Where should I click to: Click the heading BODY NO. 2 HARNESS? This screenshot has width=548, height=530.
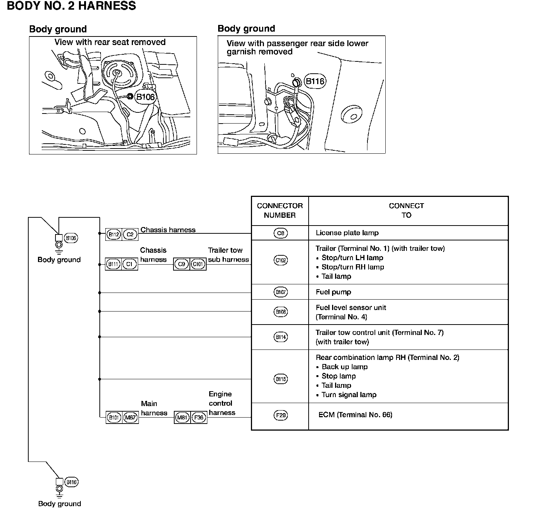(71, 6)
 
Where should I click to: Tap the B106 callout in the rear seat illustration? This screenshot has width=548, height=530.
(145, 97)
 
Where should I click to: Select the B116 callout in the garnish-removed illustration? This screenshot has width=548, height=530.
(315, 81)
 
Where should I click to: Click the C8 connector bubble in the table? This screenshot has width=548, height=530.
(280, 233)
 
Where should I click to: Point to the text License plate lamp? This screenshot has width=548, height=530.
(347, 233)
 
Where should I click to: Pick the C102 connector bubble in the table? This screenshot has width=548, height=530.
(280, 260)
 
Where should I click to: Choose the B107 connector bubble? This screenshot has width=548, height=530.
(280, 292)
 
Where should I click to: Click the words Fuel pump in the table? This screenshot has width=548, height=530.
(333, 292)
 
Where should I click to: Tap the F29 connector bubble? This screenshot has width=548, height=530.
(280, 415)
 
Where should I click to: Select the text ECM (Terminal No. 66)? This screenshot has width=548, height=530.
(355, 415)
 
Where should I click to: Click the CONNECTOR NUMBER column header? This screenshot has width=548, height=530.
(280, 210)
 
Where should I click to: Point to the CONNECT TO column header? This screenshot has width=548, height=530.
(406, 210)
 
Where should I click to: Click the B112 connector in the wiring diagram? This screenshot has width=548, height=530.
(113, 234)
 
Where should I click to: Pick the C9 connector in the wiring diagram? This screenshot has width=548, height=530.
(181, 264)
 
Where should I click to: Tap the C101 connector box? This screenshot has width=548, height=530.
(198, 264)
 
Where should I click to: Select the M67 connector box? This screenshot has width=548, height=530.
(130, 418)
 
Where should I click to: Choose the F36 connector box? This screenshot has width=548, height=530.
(199, 418)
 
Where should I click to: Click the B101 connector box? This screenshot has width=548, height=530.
(114, 418)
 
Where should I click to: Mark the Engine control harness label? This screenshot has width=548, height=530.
(222, 403)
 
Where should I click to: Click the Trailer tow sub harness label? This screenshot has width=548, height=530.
(228, 255)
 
